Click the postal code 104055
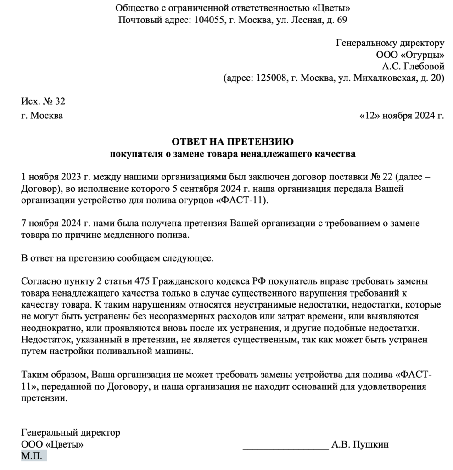(209, 20)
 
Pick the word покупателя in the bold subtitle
(135, 153)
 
